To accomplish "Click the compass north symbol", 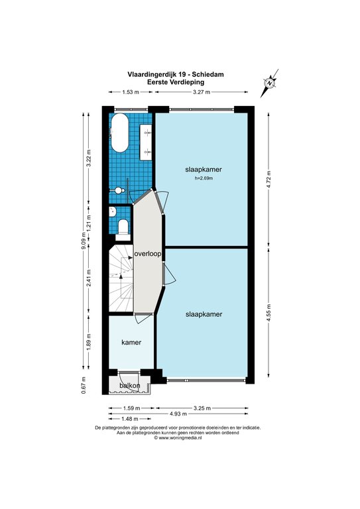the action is pos(270,83).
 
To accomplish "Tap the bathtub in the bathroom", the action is pos(119,133).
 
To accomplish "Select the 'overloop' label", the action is pos(148,254).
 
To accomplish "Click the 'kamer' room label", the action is pos(131,342).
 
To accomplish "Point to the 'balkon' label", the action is pos(130,386).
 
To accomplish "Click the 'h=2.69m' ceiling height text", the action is pos(204,178).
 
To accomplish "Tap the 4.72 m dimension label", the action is pos(269,180).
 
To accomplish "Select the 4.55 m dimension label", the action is pos(269,311).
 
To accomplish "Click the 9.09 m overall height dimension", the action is pos(84,240).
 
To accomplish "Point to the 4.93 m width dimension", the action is pos(178,414).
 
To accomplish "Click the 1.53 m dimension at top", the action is pos(131,92).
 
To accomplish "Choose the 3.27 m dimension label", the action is pos(202,92).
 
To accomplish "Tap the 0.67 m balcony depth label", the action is pos(84,385).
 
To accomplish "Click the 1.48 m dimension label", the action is pos(129,419).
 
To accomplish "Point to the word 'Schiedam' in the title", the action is pos(209,74).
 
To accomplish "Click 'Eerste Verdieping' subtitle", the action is pos(176,82).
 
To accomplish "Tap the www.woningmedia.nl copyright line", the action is pos(178,437).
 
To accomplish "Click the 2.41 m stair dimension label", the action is pos(89,278).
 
